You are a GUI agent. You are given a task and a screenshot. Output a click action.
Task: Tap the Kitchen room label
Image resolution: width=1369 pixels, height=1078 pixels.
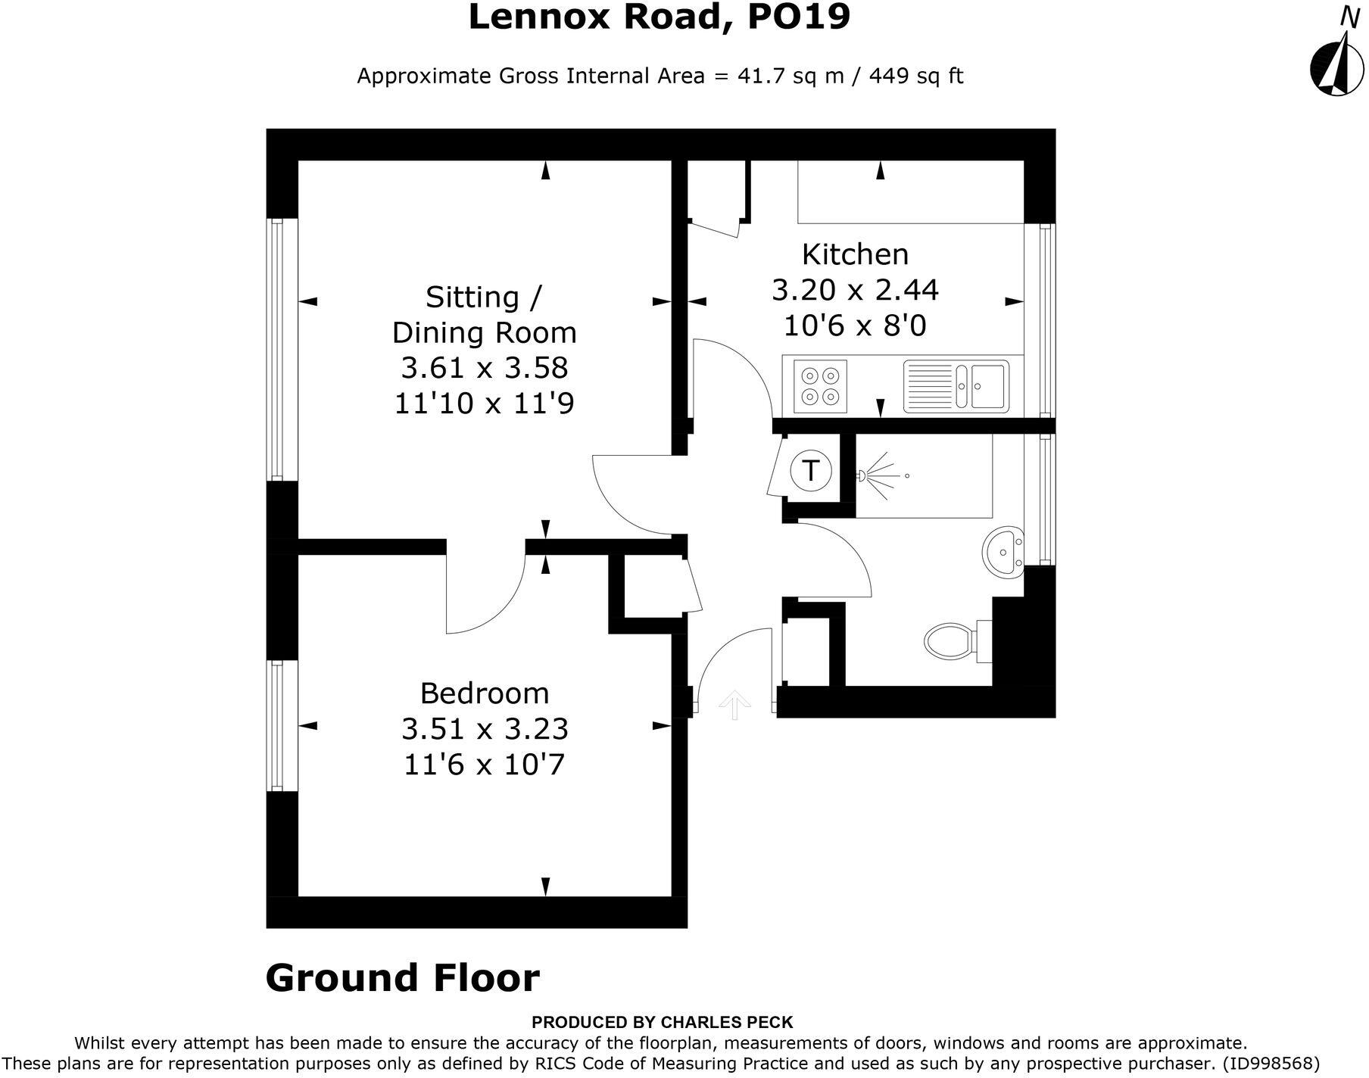point(855,254)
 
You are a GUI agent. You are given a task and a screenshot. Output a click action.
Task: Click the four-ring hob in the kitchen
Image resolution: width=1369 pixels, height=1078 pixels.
point(820,385)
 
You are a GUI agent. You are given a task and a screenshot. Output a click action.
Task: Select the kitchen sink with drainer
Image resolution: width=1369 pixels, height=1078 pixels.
point(956,385)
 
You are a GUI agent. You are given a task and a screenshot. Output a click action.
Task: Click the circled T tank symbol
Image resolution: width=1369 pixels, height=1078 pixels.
point(810,471)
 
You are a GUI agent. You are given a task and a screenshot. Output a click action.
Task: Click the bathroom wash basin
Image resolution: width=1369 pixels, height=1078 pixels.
point(1003,553)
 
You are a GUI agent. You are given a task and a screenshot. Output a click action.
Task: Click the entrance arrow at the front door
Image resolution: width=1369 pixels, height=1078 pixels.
point(734,705)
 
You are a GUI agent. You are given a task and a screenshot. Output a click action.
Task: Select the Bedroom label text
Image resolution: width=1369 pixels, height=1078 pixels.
point(485,693)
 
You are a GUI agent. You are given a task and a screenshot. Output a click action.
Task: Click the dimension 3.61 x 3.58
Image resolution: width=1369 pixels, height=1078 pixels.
point(485,368)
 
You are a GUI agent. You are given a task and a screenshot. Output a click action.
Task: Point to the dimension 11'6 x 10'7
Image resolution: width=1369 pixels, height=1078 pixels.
point(485,765)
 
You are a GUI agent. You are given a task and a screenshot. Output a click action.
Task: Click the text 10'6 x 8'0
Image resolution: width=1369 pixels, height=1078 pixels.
point(855,326)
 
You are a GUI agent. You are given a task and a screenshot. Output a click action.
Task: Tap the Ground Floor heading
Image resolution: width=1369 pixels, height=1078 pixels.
point(402,977)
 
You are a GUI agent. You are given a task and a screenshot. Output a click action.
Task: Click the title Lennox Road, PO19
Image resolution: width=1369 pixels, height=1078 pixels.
point(659,17)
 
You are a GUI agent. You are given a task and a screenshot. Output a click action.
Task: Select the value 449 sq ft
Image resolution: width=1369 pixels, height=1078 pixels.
point(915,76)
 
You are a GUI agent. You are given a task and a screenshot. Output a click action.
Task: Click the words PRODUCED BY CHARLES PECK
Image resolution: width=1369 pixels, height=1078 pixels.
point(662,1022)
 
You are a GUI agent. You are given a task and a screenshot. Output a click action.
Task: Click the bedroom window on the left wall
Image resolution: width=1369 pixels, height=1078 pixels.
point(277,725)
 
